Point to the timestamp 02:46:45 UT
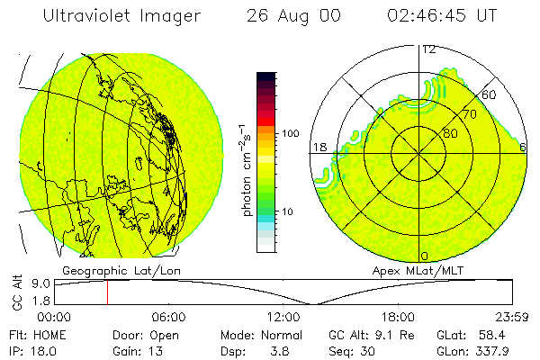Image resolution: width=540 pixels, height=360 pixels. coord(444,16)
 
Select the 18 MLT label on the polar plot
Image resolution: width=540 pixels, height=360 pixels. coord(318,146)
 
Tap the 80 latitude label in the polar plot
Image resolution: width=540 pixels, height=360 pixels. coord(449,134)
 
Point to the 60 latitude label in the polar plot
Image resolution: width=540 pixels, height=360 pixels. coord(490,94)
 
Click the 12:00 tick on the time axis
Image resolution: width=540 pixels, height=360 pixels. coord(283,317)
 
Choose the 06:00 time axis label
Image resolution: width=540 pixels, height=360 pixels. coord(169,317)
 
